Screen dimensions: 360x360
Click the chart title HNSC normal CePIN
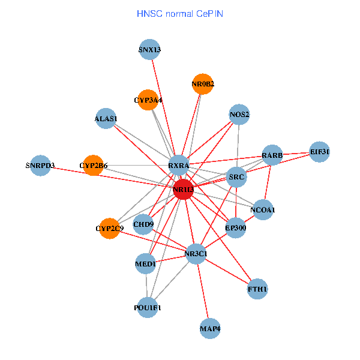click(180, 13)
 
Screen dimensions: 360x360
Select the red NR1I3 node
click(184, 190)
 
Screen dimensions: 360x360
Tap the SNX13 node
click(149, 50)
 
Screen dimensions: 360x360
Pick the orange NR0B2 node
click(203, 84)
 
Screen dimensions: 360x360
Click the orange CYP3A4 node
click(148, 100)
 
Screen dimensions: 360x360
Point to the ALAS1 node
click(106, 118)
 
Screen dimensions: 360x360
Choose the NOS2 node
click(239, 115)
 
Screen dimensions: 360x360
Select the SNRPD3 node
click(40, 165)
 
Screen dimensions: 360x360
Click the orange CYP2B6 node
click(94, 165)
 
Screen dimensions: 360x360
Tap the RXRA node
click(179, 165)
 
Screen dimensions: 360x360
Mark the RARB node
click(272, 156)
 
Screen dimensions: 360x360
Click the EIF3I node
click(320, 152)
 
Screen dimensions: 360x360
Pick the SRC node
click(237, 176)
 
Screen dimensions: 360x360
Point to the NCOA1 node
click(262, 210)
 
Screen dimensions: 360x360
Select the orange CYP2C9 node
click(109, 228)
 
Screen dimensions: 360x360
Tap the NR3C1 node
click(196, 254)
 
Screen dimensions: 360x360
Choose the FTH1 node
click(257, 289)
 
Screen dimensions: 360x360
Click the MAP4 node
click(210, 328)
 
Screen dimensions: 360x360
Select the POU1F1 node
click(148, 307)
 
